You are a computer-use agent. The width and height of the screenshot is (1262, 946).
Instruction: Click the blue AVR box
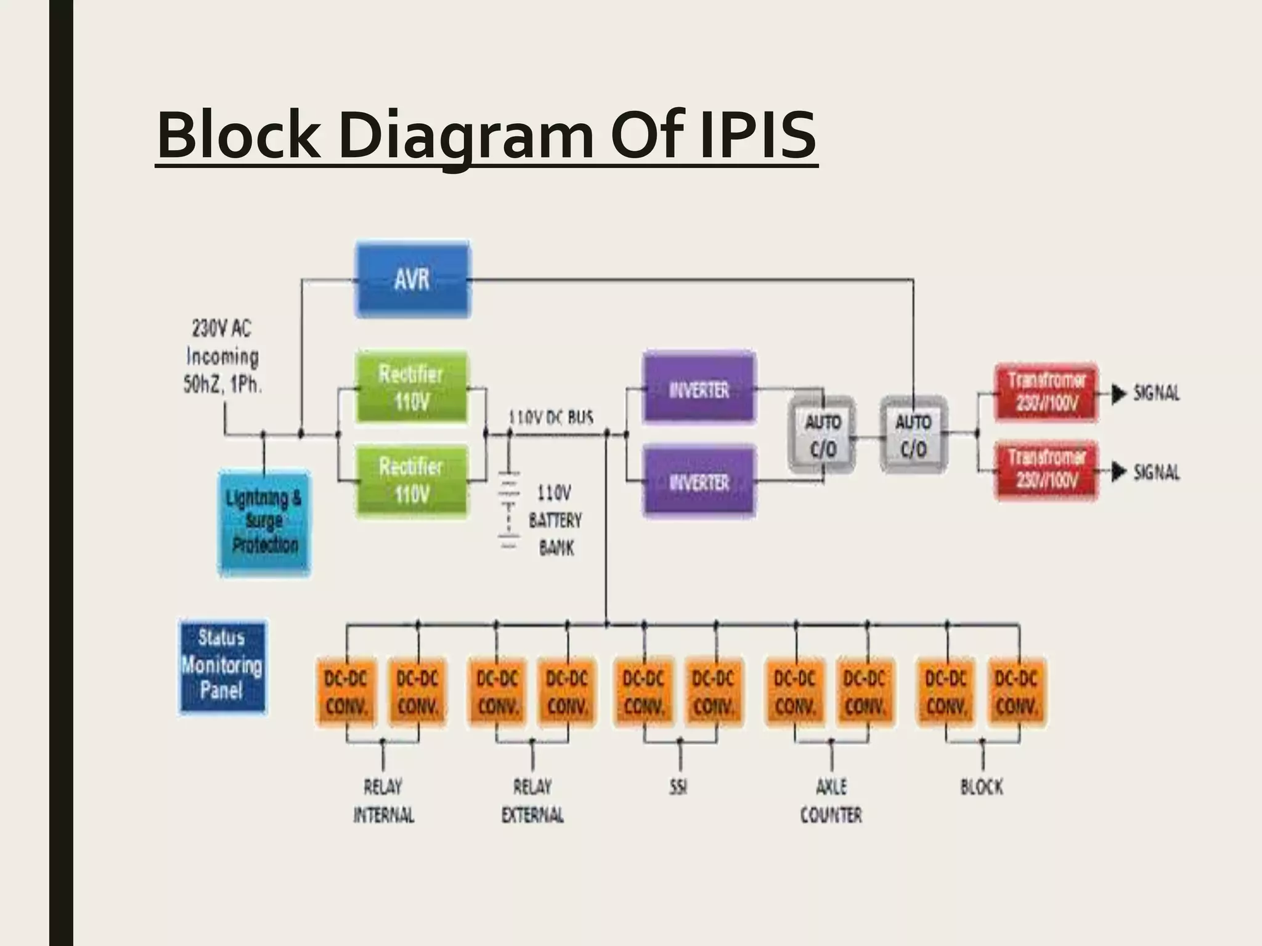click(412, 280)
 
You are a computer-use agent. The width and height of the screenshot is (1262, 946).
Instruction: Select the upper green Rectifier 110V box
click(412, 387)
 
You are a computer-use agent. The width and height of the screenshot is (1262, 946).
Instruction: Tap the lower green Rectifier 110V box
click(412, 480)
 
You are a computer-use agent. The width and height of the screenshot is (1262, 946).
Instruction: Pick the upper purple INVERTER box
click(699, 387)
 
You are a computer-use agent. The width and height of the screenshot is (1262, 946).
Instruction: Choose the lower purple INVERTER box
click(699, 481)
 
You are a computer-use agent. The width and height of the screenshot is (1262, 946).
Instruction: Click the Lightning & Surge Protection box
click(264, 522)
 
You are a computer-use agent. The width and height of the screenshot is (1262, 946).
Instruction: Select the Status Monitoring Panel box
click(222, 666)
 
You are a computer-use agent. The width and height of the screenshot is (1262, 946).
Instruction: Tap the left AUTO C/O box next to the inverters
click(823, 436)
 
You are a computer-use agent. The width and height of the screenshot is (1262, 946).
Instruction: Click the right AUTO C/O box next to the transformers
click(913, 435)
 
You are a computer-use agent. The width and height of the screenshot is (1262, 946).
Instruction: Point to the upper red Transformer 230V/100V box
click(1046, 392)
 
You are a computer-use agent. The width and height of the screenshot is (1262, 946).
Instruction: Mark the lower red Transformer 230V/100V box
click(1046, 470)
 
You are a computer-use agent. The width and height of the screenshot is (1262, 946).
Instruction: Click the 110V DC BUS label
click(551, 418)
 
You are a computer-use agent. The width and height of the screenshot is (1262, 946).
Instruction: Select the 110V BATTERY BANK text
click(555, 520)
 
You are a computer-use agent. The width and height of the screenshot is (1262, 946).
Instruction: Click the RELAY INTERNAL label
click(383, 801)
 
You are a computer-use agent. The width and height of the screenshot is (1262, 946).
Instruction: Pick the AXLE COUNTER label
click(831, 801)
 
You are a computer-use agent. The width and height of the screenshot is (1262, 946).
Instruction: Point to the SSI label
click(678, 787)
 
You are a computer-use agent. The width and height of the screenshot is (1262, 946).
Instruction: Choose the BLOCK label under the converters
click(982, 787)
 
